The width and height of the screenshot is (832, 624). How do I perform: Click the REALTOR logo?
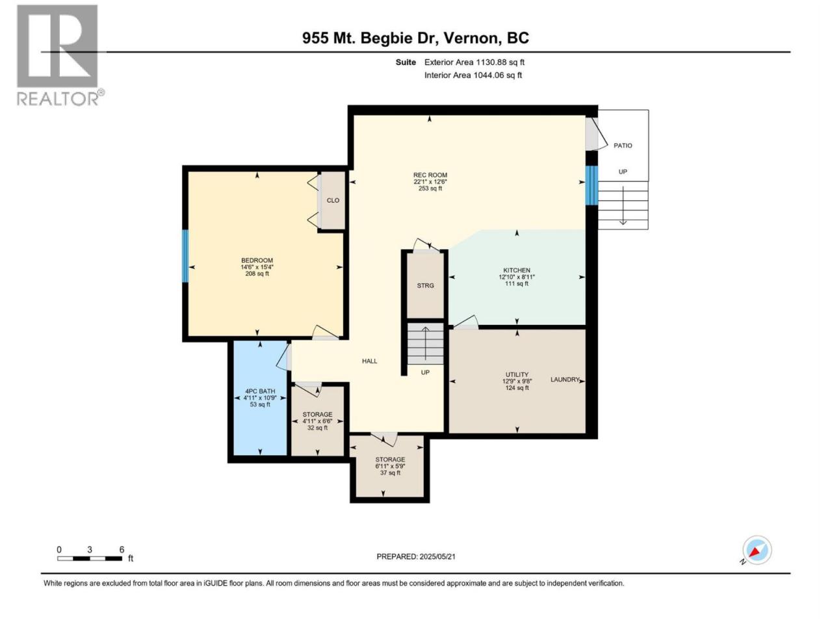tap(60, 55)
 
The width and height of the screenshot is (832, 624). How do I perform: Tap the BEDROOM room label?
tap(257, 260)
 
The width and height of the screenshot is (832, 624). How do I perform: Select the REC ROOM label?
tap(430, 175)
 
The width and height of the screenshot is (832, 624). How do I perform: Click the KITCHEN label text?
tap(517, 270)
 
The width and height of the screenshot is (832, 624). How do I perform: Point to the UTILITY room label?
tap(517, 374)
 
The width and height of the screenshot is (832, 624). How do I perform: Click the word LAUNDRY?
tap(565, 380)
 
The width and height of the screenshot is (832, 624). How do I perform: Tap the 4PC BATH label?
tap(260, 391)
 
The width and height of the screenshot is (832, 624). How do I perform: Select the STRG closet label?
tap(425, 285)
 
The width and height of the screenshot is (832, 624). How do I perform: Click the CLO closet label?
tap(333, 200)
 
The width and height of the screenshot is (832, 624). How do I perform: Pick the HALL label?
tap(370, 361)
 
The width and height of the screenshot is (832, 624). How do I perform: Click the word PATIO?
tap(623, 146)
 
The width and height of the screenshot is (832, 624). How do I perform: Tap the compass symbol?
tap(757, 550)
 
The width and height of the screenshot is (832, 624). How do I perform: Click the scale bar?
tap(90, 558)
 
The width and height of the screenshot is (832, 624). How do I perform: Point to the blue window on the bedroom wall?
tap(185, 256)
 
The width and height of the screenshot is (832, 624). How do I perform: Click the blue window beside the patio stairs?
tap(591, 186)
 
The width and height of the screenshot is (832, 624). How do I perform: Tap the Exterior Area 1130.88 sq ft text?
tap(474, 62)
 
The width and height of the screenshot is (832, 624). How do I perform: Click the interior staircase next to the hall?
tap(425, 344)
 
